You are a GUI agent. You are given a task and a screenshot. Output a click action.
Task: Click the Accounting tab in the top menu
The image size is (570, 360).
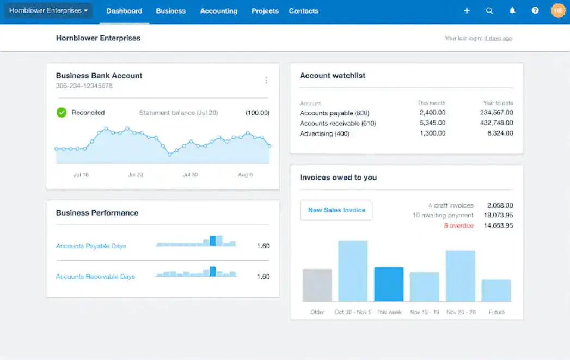(218, 11)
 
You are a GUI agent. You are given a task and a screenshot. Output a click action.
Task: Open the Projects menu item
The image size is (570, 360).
(265, 11)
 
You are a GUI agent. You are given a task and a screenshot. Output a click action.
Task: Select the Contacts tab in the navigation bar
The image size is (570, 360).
(304, 11)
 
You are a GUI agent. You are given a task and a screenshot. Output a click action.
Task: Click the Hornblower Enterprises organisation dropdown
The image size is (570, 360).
(48, 10)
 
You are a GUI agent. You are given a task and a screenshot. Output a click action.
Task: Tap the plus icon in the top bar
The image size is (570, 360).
(467, 10)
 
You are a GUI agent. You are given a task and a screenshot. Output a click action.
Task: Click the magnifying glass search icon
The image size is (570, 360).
(489, 10)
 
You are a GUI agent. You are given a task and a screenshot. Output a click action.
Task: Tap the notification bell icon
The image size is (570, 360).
(512, 10)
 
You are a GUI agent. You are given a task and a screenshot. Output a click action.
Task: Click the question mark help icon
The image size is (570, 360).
(535, 10)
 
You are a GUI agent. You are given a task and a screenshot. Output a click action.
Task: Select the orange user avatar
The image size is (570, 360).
(558, 10)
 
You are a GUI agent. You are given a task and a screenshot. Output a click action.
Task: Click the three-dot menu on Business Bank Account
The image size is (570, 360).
(266, 80)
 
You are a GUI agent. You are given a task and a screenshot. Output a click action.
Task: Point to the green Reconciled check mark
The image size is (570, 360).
(62, 112)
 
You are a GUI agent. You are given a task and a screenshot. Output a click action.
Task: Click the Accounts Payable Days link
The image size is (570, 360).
(91, 246)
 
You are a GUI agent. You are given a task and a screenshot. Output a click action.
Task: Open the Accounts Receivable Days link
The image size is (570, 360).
(95, 277)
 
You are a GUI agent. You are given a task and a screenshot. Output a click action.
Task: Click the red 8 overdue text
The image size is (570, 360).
(459, 225)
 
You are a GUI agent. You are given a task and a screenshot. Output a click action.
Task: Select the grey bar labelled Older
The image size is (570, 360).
(317, 285)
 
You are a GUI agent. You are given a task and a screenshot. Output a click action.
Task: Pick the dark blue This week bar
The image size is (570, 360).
(389, 284)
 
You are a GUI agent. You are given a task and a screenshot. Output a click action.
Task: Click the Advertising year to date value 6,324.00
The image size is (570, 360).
(500, 133)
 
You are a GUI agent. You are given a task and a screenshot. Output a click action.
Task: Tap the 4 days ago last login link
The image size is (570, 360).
(498, 38)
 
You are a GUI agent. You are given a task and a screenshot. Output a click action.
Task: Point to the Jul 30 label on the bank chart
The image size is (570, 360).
(190, 175)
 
